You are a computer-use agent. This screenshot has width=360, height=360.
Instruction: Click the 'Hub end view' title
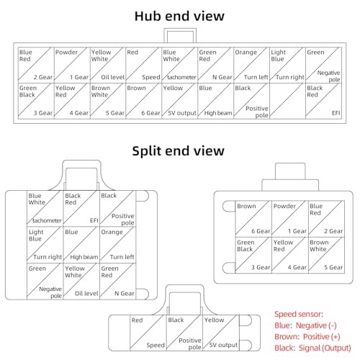179,16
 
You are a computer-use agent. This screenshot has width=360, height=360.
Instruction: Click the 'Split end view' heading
178,151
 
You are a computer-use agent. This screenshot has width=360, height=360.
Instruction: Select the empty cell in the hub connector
287,101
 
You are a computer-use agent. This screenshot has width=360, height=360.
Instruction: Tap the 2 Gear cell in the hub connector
36,65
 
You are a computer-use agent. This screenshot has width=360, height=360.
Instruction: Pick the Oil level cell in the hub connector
108,65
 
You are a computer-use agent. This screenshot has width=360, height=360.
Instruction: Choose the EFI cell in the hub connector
323,101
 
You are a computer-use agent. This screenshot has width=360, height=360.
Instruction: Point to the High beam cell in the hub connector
216,101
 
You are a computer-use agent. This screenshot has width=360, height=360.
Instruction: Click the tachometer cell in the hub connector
180,65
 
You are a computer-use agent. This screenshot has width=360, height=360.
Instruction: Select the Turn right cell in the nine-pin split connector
45,245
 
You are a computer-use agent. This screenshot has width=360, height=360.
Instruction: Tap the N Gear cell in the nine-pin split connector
117,281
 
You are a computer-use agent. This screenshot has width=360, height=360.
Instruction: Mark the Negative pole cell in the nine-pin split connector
45,281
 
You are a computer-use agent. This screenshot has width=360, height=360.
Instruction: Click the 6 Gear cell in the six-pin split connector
253,219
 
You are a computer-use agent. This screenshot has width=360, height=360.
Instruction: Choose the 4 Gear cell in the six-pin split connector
290,255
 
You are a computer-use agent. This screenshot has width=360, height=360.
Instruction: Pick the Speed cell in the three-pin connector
148,333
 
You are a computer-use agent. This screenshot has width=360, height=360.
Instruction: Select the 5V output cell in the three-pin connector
221,333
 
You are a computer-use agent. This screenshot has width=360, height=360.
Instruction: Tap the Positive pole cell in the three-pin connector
184,333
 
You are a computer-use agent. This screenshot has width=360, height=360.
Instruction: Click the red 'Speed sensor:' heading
299,314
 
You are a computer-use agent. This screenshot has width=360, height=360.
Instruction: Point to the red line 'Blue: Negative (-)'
305,325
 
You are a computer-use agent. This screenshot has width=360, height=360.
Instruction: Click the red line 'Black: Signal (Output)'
312,348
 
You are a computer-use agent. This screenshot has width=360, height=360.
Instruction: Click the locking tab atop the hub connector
180,35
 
